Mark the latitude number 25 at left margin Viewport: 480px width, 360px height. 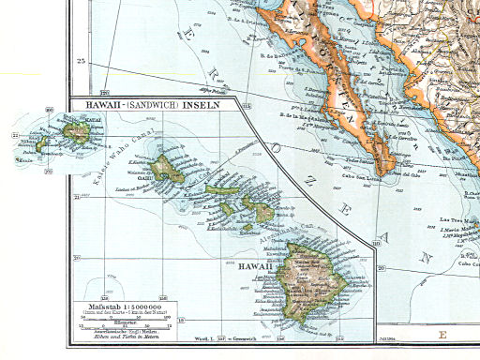(81, 61)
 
